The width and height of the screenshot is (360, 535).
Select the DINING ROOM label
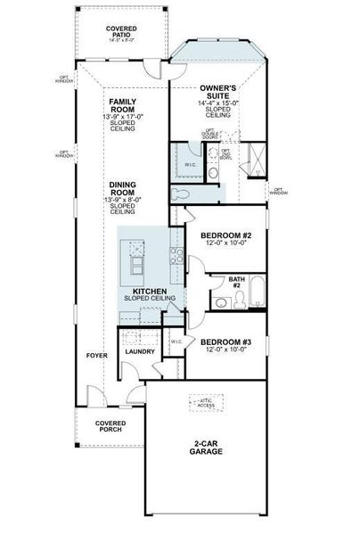point(122,188)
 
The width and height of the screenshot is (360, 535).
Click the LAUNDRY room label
point(140,351)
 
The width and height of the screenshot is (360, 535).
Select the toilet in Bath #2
point(220,304)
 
